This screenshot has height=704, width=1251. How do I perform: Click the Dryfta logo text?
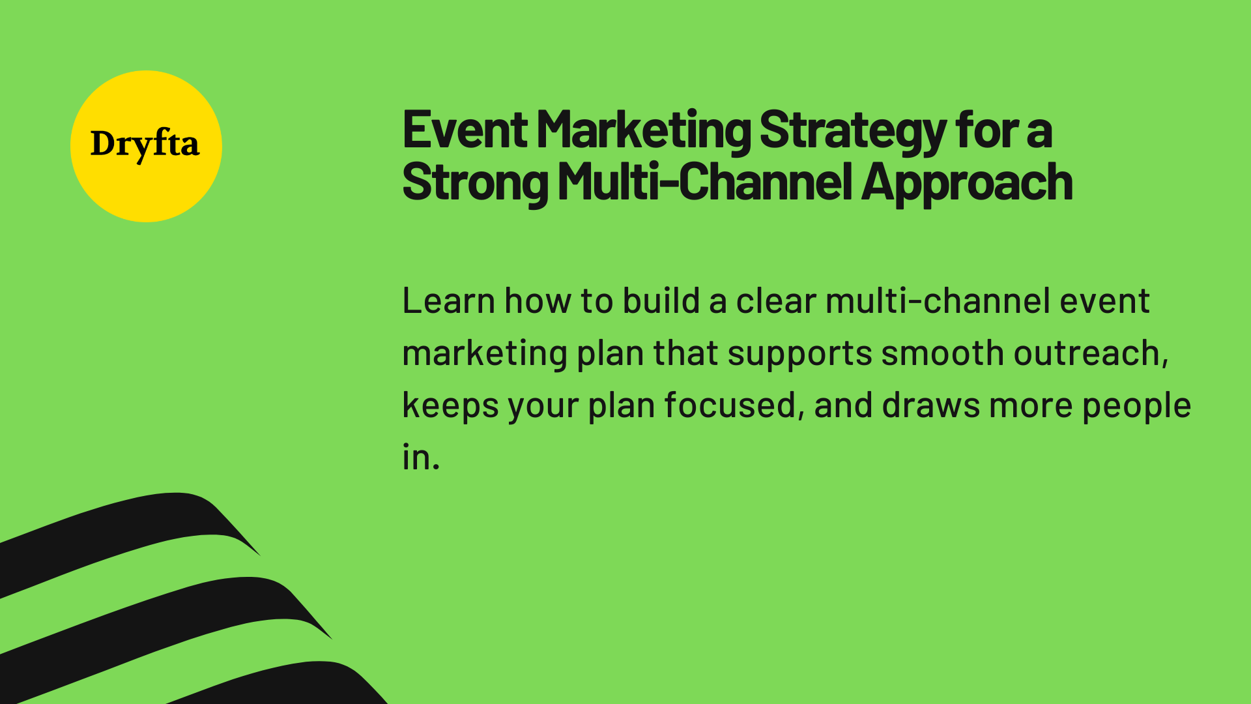click(145, 144)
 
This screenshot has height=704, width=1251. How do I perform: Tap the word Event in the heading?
click(465, 130)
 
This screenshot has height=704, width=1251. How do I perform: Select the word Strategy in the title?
click(852, 131)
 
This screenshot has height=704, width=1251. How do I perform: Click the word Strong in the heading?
click(475, 183)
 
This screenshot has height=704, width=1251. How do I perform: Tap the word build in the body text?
click(661, 301)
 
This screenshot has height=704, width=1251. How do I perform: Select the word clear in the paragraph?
click(775, 301)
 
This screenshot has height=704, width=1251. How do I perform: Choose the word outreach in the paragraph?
click(1090, 354)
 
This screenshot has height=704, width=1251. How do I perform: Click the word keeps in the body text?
click(450, 405)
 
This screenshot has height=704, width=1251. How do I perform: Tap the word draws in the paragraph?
click(930, 405)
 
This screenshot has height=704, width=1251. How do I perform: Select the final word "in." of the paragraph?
click(421, 457)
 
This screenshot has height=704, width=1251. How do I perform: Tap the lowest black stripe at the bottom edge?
click(293, 684)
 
